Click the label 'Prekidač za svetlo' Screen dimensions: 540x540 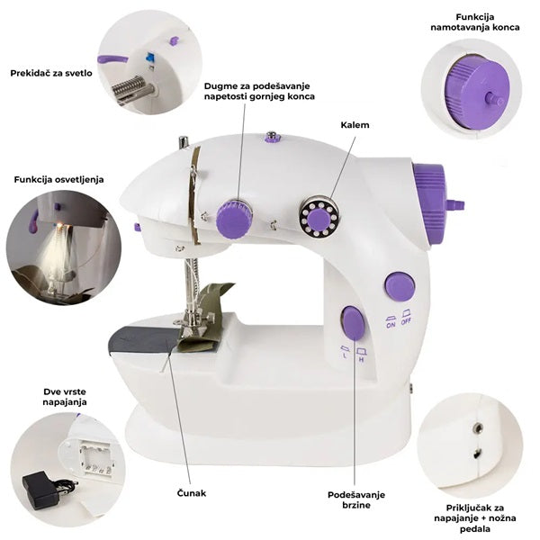coord(51,73)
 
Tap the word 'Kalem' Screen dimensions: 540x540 coord(355,125)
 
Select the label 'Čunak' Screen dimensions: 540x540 coord(192,493)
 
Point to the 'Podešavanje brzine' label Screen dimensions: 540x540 coord(356,500)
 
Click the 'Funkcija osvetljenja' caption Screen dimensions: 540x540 coord(58,179)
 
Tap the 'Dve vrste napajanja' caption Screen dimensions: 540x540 coord(65,397)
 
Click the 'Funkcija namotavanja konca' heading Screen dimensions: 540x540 coord(475,22)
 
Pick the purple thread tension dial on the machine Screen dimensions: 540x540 coord(234,220)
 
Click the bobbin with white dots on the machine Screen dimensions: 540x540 coord(319,217)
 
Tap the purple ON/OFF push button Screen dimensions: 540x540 coord(400,286)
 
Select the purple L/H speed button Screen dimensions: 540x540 coord(353,322)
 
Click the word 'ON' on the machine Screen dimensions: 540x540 coord(391,325)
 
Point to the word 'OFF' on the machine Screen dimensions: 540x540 coord(406,322)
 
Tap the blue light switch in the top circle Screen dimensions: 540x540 coord(149,57)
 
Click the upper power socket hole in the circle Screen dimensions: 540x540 coord(478,428)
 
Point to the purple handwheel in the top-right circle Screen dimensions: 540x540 coord(477,93)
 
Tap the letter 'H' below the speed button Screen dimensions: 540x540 coord(361,360)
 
